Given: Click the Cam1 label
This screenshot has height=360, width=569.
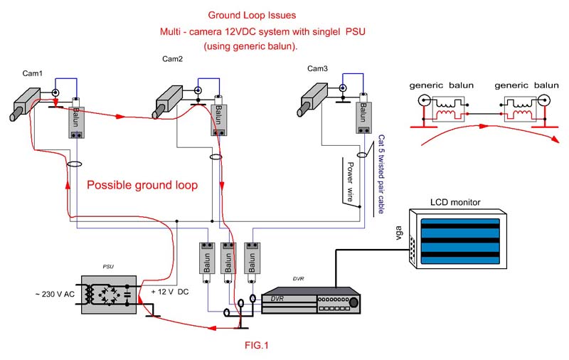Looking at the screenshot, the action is (32, 73).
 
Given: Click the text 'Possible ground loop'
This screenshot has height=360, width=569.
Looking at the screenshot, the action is (142, 185).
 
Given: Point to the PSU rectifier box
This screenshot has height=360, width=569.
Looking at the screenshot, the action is (109, 295).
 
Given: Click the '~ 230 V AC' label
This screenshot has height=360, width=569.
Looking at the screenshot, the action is (55, 294).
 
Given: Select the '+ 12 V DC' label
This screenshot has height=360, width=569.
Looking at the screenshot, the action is (170, 292).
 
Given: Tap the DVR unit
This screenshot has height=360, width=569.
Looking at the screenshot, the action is (311, 300).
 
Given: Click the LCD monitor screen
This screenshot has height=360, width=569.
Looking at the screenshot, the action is (460, 241).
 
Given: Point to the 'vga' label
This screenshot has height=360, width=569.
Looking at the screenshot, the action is (398, 233).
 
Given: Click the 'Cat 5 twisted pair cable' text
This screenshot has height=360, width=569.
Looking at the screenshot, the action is (381, 174).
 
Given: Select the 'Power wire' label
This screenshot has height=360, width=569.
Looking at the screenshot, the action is (350, 181).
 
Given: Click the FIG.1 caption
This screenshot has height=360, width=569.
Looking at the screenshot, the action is (257, 345).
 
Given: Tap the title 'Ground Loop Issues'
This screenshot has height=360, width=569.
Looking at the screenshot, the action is (252, 15).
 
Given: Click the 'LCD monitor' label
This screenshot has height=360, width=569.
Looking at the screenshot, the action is (455, 203).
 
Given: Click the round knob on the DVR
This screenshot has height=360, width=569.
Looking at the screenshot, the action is (353, 302).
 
